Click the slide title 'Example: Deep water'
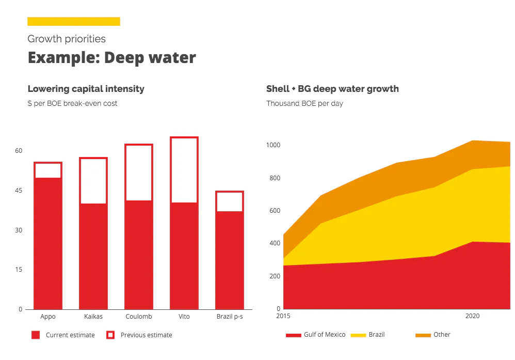pos(111,57)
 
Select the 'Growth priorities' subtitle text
pos(67,39)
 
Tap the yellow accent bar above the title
pos(74,21)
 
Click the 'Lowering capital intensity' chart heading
pos(86,89)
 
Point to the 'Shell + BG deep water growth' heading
pos(332,89)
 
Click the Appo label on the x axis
pos(48,317)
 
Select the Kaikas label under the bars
pos(93,317)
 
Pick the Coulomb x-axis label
pos(139,317)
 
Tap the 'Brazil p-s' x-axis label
pos(230,317)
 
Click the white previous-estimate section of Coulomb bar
pos(139,173)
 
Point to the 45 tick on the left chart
pos(19,191)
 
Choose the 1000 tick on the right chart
pos(273,145)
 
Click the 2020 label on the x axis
pos(473,316)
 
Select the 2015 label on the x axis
pos(283,316)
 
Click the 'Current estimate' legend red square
pos(36,335)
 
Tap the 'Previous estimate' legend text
pos(147,335)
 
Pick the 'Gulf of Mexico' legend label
pos(325,335)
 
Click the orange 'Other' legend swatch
pos(423,335)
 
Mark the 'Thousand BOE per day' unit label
pos(304,103)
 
